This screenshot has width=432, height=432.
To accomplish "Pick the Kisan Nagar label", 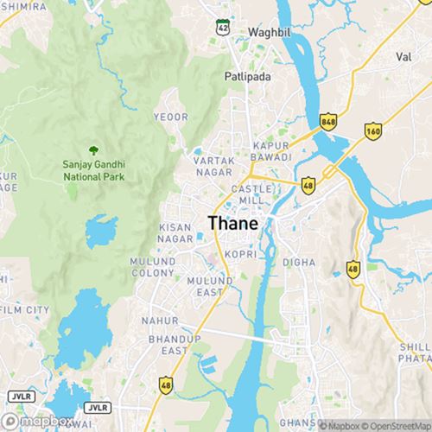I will point(175,232).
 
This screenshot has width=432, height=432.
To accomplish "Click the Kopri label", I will point(238,255).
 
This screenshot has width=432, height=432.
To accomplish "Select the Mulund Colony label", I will point(153,266).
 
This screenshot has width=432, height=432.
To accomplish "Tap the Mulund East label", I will point(211,287).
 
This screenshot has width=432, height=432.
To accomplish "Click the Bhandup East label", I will point(168,346).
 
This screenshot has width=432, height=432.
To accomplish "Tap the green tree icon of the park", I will point(93,149).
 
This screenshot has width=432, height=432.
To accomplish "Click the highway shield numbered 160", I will point(372,130).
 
